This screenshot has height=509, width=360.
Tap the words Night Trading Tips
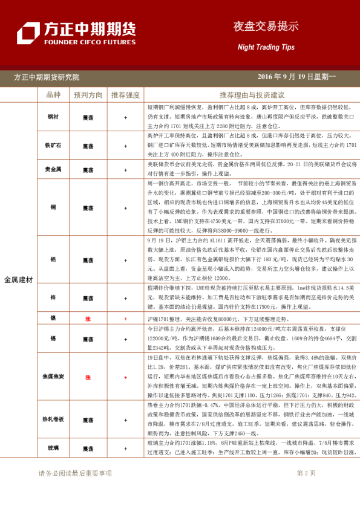[x=266, y=47]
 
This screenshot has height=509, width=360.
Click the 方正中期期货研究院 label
[x=47, y=77]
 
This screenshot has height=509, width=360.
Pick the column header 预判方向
[x=88, y=96]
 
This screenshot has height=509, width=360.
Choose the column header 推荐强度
[x=125, y=96]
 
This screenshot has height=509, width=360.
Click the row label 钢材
[x=53, y=117]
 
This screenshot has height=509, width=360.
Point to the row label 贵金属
[x=53, y=169]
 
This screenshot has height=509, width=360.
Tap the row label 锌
[x=53, y=298]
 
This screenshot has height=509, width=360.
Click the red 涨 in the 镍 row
[x=88, y=318]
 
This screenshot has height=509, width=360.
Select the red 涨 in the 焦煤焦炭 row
[x=88, y=377]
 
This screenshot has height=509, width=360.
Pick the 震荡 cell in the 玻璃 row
[x=88, y=449]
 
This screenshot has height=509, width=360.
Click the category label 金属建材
[x=18, y=280]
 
